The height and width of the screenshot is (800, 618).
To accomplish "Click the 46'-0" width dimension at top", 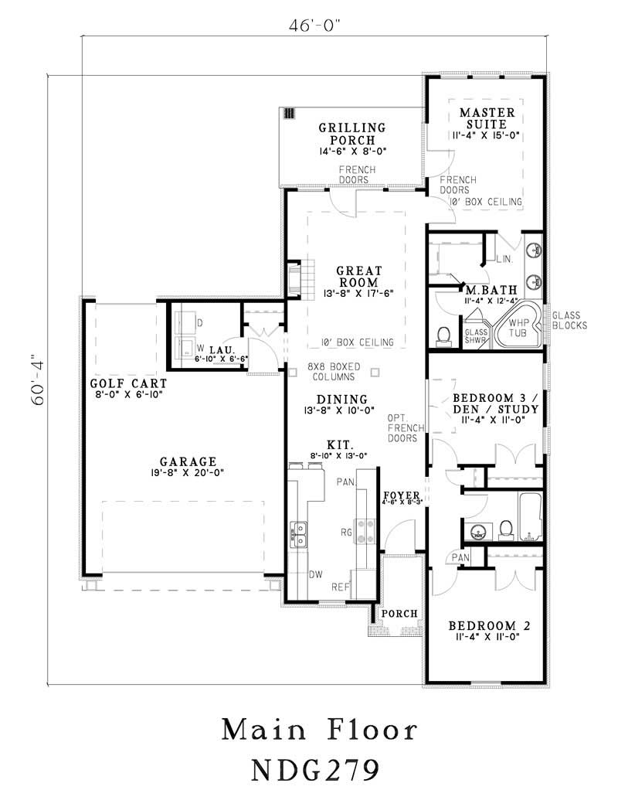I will tap(314, 25).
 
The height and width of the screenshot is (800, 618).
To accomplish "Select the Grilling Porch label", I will tap(352, 134).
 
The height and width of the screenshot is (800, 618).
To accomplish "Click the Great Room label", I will tap(358, 277).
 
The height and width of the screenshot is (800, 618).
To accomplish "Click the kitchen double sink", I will tap(298, 533).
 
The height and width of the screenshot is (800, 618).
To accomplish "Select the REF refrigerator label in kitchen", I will tap(340, 587).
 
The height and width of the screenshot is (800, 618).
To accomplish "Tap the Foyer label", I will tap(402, 495).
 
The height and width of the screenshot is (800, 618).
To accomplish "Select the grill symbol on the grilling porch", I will tap(290, 113).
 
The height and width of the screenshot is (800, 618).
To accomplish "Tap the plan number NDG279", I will tap(315, 769).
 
